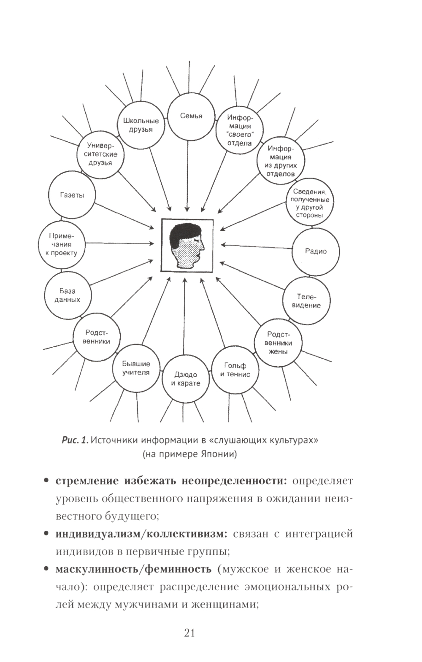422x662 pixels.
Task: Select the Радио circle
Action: tap(316, 251)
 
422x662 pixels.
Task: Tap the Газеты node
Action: tap(72, 195)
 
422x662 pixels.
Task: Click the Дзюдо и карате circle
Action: tap(185, 379)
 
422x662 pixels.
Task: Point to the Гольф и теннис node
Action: tap(235, 370)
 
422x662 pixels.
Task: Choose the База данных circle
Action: tap(67, 295)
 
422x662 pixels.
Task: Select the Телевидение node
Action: tap(306, 301)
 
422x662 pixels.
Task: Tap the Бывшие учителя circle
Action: tap(136, 368)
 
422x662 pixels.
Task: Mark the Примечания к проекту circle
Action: tap(61, 245)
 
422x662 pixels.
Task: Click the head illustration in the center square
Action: tap(188, 244)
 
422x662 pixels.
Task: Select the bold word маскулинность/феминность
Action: tap(133, 569)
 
